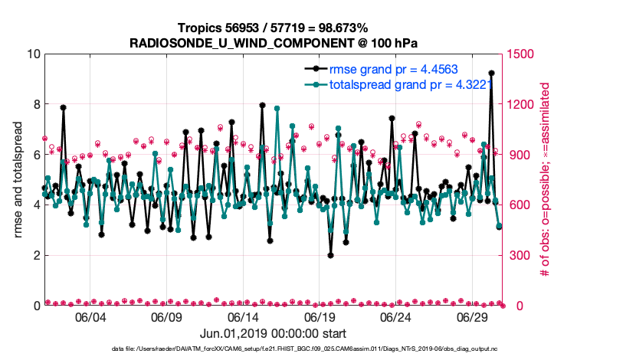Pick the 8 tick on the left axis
(34, 104)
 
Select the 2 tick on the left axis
(34, 255)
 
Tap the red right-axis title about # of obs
(546, 180)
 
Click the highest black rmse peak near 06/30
(491, 73)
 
